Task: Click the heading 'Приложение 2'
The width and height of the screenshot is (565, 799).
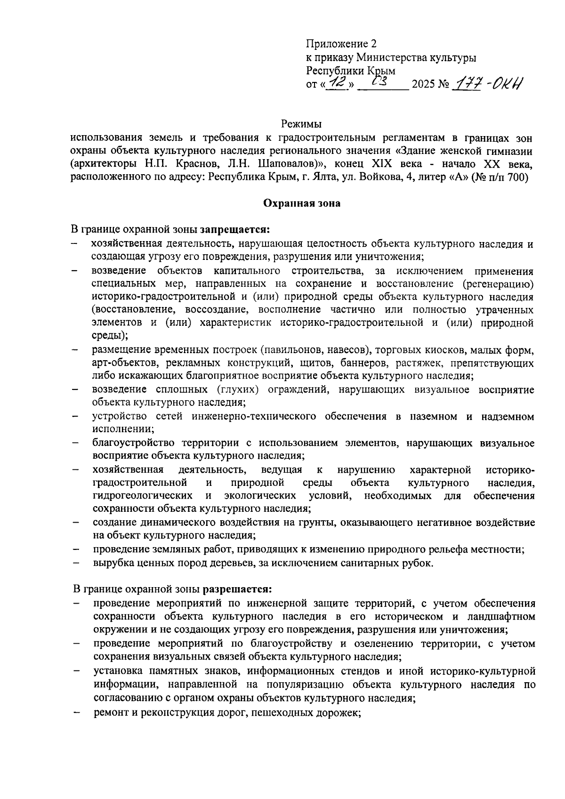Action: click(341, 44)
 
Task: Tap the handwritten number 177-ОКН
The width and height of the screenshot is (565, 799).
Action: click(487, 85)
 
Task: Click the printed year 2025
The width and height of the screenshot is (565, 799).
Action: click(423, 86)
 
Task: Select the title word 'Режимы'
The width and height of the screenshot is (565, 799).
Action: click(301, 125)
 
